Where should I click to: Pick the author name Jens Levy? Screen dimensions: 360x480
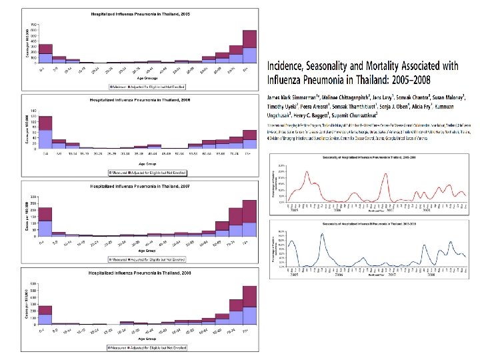pos(366,97)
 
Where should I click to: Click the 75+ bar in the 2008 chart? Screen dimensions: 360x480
pos(249,306)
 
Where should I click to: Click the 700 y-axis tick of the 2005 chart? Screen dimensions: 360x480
pos(33,25)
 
